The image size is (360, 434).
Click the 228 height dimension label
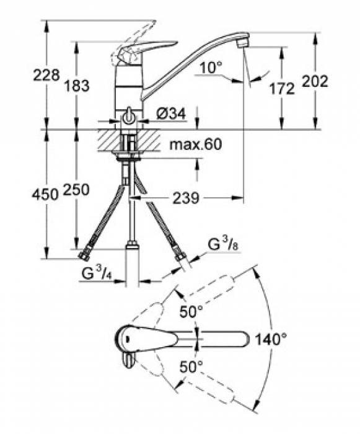point(46,75)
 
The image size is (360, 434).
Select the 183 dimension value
point(76,85)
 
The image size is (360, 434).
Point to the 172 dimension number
point(282,89)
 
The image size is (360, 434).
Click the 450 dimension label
point(46,193)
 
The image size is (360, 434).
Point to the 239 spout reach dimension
point(185,198)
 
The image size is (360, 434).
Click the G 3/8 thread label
point(222,246)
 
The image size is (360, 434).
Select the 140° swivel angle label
point(272,339)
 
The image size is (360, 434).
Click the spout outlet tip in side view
point(243,45)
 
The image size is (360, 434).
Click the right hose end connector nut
point(180,256)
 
